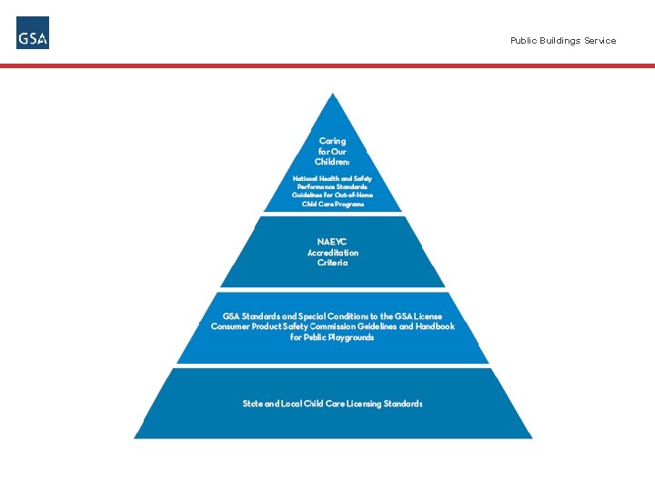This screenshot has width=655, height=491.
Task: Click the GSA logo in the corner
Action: tap(33, 34)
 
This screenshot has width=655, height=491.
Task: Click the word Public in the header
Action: tap(523, 41)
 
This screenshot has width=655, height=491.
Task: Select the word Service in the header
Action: tap(600, 41)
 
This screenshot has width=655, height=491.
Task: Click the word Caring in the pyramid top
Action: tap(332, 141)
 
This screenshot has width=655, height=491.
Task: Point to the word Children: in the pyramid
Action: tap(332, 162)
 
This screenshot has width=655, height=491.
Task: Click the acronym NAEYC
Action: tap(332, 242)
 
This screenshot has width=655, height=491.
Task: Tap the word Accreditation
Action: tap(332, 253)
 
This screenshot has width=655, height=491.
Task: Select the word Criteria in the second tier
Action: tap(332, 263)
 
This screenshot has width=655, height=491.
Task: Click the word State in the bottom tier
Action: tap(252, 403)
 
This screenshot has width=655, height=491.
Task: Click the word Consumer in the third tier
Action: tap(232, 326)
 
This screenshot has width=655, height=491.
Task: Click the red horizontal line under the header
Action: tap(327, 66)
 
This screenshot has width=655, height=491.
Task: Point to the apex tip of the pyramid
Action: tap(334, 94)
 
